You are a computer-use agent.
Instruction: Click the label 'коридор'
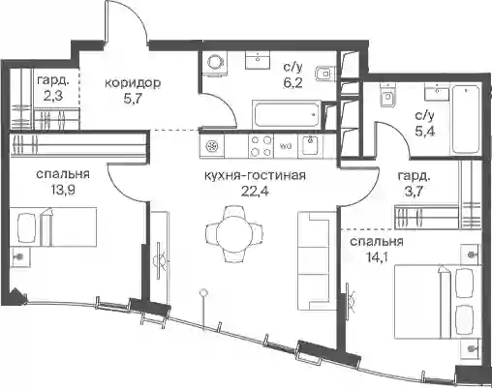[133, 83]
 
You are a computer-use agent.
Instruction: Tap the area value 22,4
[255, 192]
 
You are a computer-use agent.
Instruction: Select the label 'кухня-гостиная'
[255, 176]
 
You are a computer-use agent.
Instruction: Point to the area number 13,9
[63, 190]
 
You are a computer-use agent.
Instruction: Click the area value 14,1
[377, 257]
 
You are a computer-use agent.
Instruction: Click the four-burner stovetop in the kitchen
[261, 146]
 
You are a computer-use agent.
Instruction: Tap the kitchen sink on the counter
[311, 145]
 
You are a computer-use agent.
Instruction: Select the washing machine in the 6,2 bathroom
[215, 64]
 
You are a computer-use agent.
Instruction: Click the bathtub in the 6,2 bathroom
[286, 114]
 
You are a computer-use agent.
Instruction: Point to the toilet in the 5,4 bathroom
[387, 95]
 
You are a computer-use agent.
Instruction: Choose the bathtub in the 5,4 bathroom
[465, 119]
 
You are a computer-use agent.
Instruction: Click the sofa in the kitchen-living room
[317, 260]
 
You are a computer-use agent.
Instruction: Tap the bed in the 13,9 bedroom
[53, 227]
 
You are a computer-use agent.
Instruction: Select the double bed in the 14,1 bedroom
[438, 302]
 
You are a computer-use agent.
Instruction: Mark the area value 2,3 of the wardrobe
[52, 96]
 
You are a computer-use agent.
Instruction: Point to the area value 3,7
[414, 193]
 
